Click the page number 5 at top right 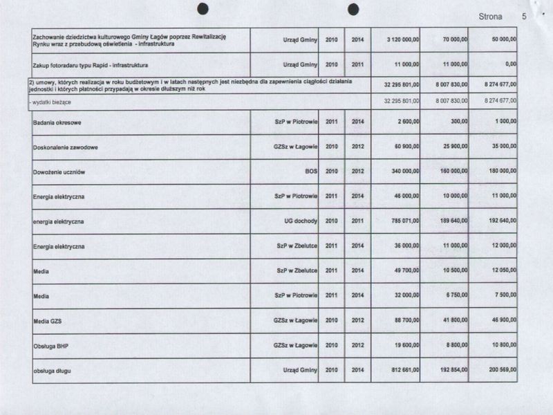524,16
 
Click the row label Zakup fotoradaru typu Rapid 91,64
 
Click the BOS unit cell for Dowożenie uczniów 310,171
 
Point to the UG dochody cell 299,221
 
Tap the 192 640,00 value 500,221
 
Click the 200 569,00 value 500,371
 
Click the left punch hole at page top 203,8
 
